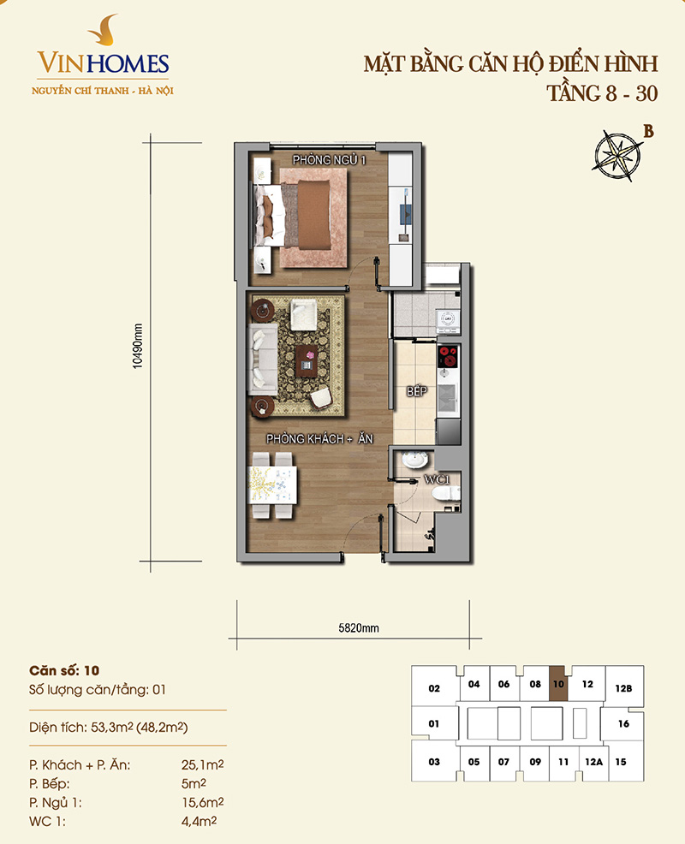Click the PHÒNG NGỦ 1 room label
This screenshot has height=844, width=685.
point(329,160)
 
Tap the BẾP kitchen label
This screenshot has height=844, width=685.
point(417,391)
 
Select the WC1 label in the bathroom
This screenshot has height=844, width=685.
point(437,479)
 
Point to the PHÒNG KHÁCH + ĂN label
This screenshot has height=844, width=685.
point(319,439)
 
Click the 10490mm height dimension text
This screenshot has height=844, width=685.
point(138,346)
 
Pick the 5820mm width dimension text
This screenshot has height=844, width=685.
point(359,628)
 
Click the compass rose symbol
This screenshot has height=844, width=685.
point(618,154)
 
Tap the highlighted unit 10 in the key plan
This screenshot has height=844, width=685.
point(558,684)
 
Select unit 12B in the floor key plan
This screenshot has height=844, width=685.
point(623,688)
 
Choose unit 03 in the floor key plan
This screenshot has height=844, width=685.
point(434,761)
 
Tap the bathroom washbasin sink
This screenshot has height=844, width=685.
point(414,461)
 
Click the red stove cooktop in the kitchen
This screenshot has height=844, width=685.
point(448,356)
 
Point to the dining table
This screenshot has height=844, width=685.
point(272,484)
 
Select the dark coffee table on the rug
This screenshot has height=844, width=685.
point(307,360)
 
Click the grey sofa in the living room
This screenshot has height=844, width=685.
point(263,359)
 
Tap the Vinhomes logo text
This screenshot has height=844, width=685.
point(103,64)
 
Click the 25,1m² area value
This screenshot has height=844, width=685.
point(202,765)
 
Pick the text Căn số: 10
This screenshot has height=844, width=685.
point(64,671)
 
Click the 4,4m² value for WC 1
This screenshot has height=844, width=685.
point(199,822)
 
